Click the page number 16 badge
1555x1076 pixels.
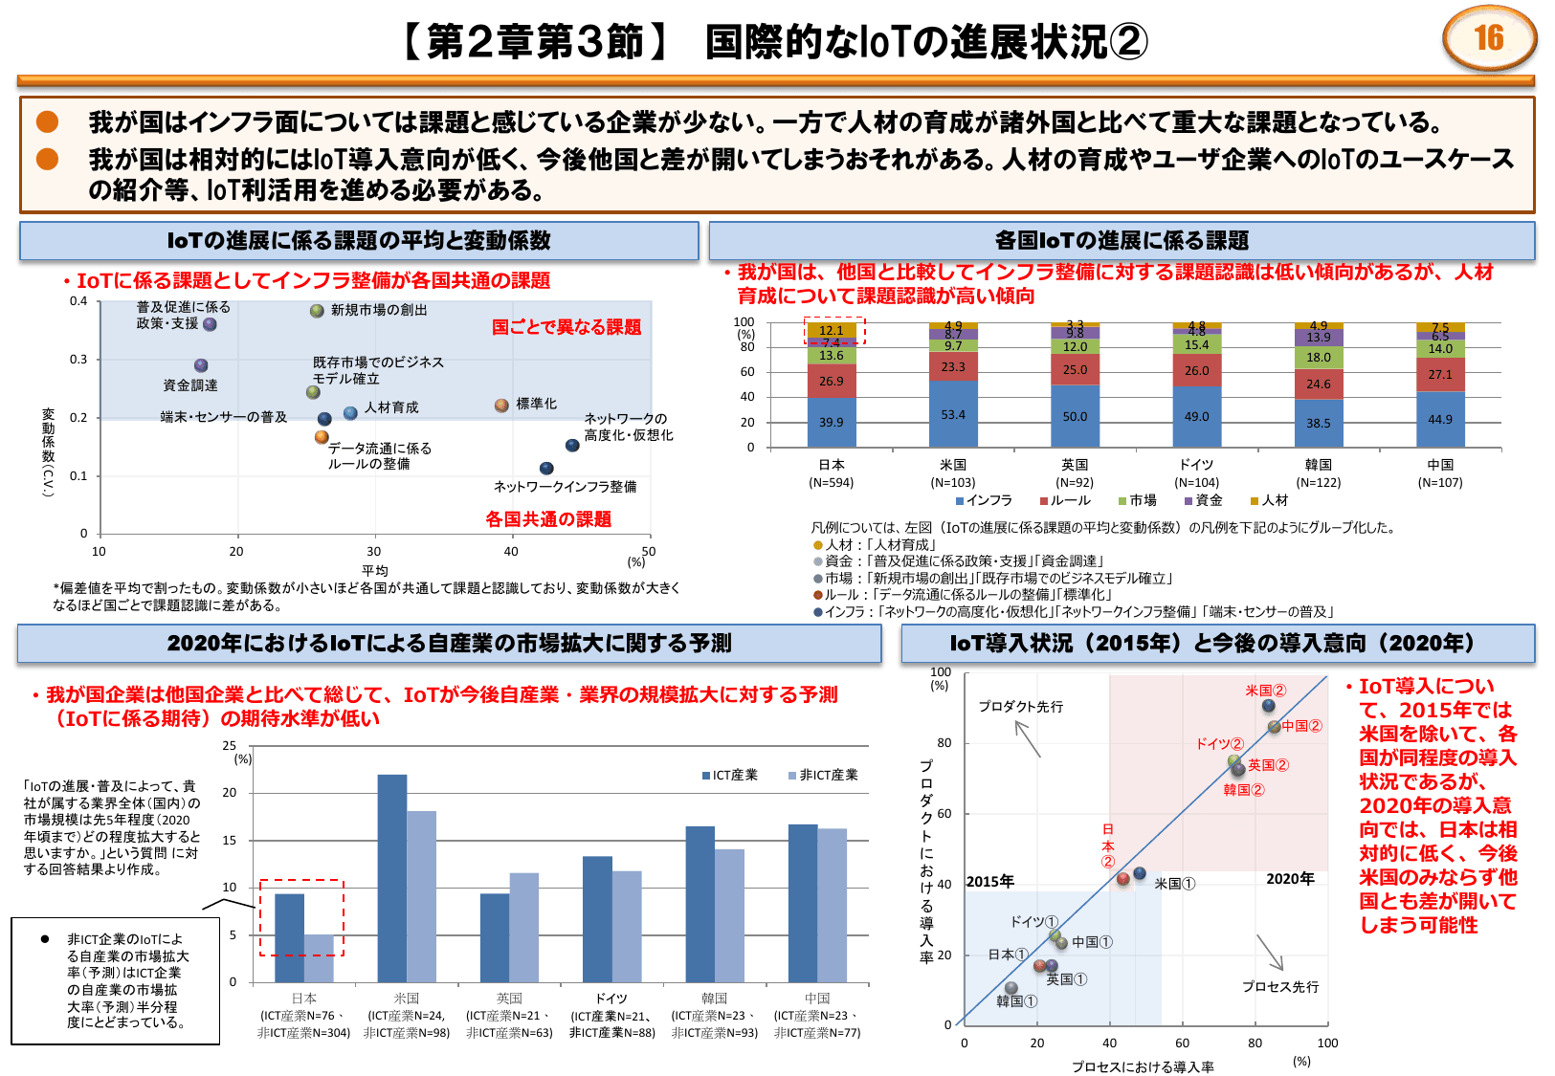pos(1488,38)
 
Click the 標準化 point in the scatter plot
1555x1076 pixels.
pos(501,406)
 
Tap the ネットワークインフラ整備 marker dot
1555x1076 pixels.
pos(546,469)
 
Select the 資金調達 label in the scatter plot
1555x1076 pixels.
pos(190,385)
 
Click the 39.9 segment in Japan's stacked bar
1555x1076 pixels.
pos(832,422)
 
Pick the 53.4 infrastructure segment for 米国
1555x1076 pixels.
pos(953,414)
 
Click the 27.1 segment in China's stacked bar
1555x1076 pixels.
pos(1440,375)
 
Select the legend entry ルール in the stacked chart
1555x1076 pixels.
pos(1064,500)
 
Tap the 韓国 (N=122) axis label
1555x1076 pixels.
pos(1319,473)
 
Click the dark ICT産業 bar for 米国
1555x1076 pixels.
pos(392,878)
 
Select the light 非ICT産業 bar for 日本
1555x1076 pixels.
pos(320,958)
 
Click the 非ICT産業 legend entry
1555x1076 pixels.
pos(823,775)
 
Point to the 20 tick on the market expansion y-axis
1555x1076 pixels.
pos(230,792)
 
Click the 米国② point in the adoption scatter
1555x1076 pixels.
pos(1269,706)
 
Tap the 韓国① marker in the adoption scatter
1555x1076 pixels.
pos(1011,988)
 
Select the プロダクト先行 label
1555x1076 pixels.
pos(1020,706)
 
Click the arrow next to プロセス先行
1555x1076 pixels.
pos(1270,953)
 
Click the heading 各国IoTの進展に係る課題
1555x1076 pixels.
pos(1122,241)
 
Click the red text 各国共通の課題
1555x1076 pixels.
pos(548,519)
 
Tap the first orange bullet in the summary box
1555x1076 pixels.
pos(47,122)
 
